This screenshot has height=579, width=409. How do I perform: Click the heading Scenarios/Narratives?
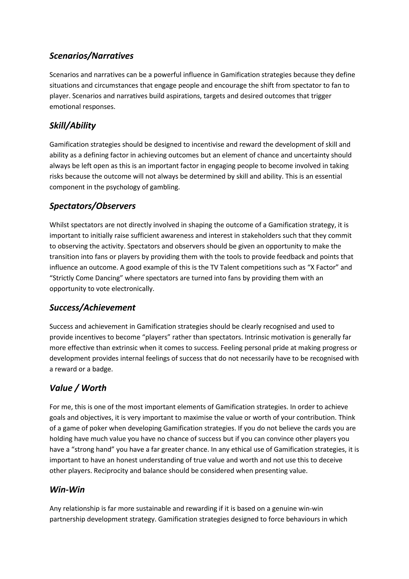point(91,56)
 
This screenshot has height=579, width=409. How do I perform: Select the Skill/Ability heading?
point(72,126)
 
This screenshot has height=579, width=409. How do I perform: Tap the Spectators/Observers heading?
point(92,206)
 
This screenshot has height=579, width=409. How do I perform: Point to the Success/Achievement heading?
point(92,308)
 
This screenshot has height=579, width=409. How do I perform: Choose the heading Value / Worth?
point(78,388)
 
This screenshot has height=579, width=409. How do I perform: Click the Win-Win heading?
point(67,490)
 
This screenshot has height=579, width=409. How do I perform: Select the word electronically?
point(133,289)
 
